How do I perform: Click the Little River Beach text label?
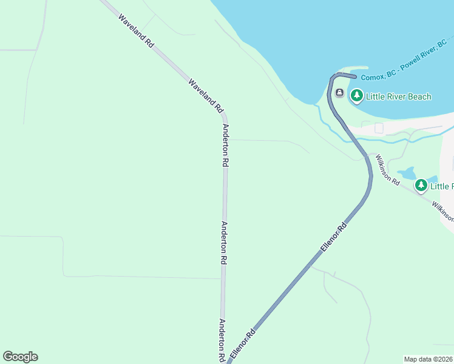399,96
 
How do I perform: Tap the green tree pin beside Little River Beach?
356,96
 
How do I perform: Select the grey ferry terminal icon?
339,93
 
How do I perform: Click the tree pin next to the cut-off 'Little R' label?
421,186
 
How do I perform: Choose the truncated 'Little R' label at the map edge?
442,186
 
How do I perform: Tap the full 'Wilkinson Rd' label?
387,170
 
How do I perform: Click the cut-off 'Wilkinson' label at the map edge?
442,211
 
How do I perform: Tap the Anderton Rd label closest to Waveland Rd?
225,146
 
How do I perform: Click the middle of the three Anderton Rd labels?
223,243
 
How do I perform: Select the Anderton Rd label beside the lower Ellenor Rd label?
222,340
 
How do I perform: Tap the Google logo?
20,357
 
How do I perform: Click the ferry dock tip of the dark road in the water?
354,76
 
